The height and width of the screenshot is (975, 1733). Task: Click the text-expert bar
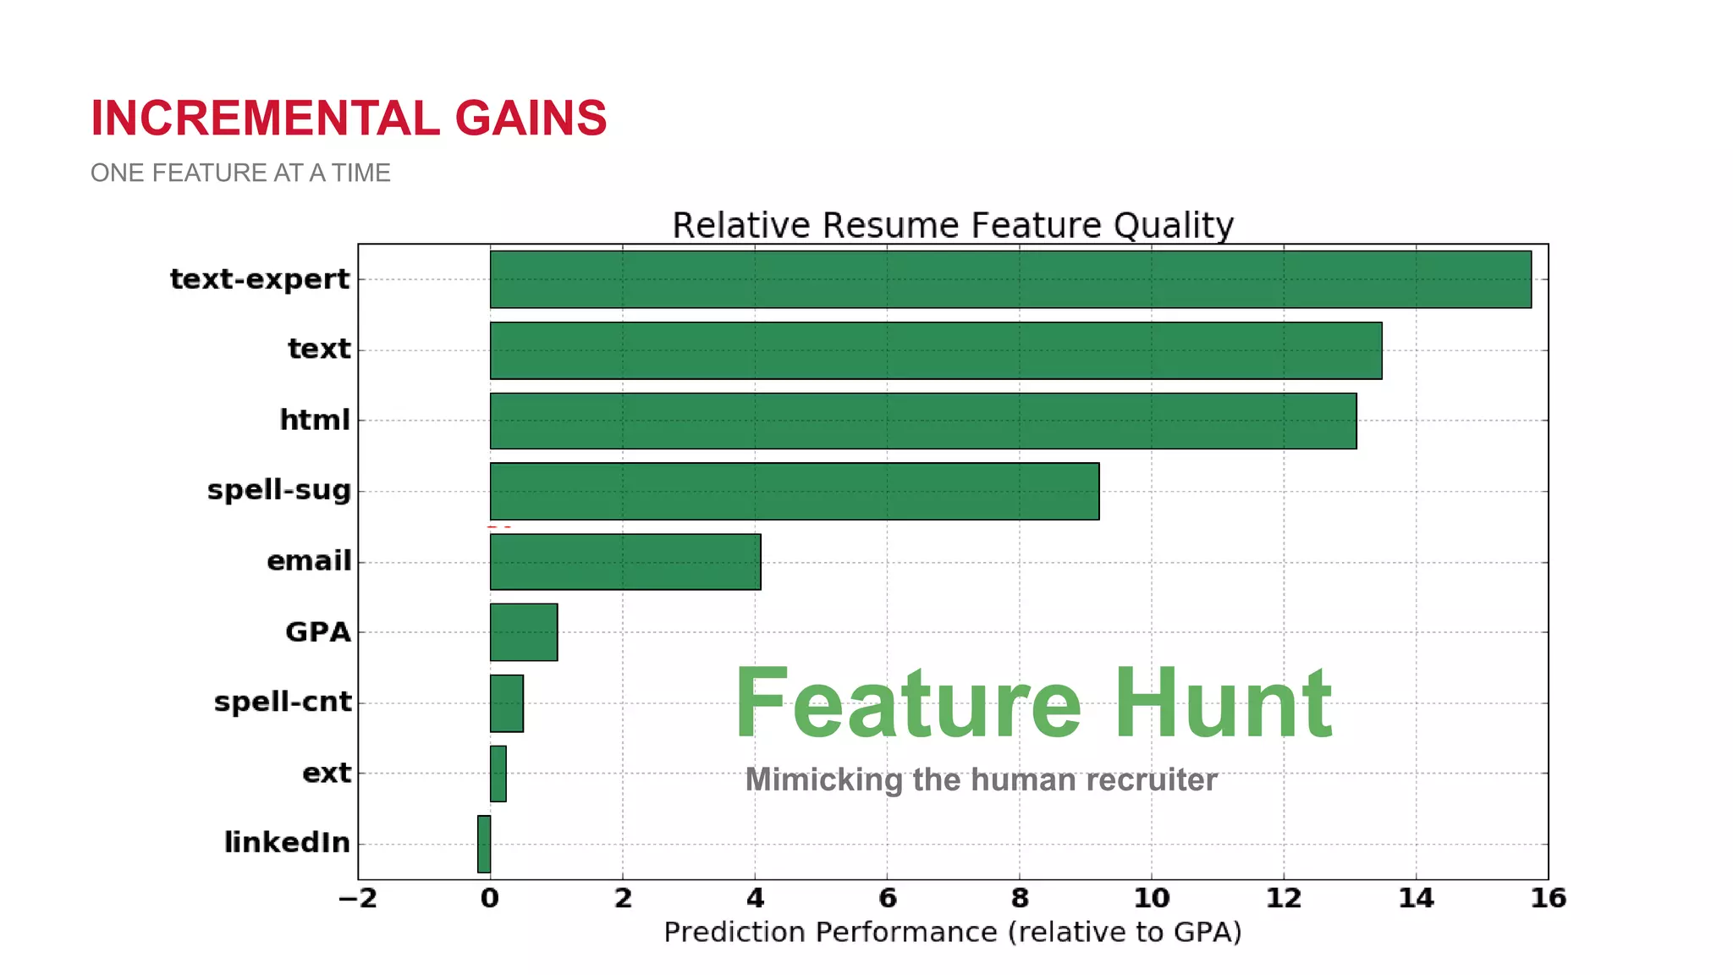[x=1010, y=279]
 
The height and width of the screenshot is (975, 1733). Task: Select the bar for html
[x=922, y=421]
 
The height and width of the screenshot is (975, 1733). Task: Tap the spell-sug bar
[x=794, y=491]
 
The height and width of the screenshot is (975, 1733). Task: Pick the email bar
[x=624, y=562]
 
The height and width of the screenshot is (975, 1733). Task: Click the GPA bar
[x=523, y=632]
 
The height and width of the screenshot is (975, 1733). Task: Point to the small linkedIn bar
[x=484, y=844]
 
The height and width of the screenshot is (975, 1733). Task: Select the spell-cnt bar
[x=506, y=703]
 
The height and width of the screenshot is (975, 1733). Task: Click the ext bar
[x=498, y=774]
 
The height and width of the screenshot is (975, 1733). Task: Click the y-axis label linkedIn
[x=287, y=843]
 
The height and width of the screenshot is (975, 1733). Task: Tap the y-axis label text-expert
[x=260, y=279]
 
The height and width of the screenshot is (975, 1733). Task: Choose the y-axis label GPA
[x=317, y=632]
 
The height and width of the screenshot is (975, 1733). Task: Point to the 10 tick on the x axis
[x=1151, y=898]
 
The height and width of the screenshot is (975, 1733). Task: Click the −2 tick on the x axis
[x=358, y=898]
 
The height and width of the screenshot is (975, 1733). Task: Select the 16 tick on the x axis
[x=1548, y=898]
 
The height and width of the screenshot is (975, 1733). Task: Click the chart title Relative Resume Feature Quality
[x=953, y=225]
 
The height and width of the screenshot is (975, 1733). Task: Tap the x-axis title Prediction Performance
[x=952, y=932]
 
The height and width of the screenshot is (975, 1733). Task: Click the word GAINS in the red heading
[x=531, y=118]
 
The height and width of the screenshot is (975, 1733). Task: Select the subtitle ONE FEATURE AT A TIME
[x=240, y=173]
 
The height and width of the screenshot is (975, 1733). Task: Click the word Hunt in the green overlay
[x=1223, y=703]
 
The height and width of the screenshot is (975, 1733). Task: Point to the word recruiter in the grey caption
[x=1151, y=779]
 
